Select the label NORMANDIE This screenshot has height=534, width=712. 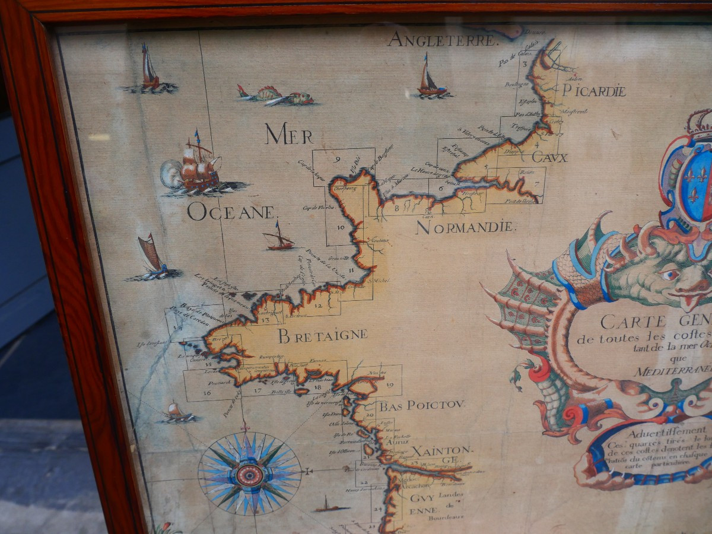465,227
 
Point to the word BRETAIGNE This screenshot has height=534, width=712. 323,335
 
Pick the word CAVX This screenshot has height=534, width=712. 549,158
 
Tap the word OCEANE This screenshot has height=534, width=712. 232,212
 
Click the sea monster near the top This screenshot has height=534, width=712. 278,96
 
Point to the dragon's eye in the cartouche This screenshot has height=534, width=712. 669,274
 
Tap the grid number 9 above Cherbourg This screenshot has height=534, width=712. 337,159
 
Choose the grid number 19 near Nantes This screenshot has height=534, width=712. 390,384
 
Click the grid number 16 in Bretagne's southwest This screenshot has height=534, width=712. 207,392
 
